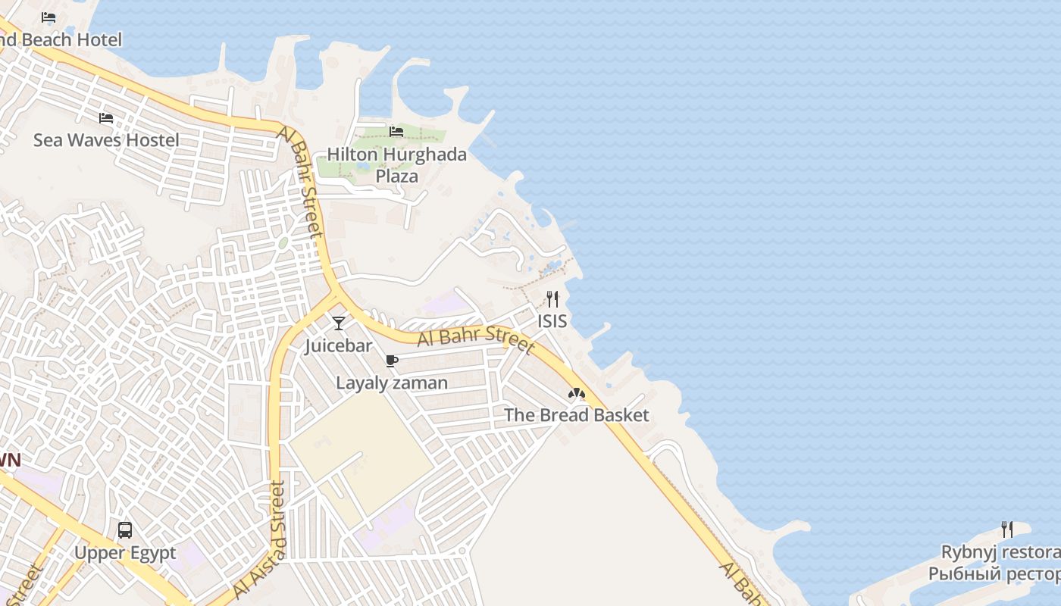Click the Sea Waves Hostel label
tap(106, 140)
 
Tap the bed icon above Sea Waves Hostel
tap(106, 118)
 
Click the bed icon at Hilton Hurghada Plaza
tap(396, 132)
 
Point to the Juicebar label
tap(338, 346)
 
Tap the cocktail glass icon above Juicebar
tap(338, 323)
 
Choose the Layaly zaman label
tap(392, 383)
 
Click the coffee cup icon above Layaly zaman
tap(391, 361)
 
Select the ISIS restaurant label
tap(552, 321)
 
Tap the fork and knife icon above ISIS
tap(552, 299)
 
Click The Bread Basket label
tap(577, 415)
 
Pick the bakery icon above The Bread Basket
tap(576, 393)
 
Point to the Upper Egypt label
tap(125, 553)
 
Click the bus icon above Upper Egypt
tap(125, 530)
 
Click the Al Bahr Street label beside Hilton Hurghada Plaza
tap(300, 182)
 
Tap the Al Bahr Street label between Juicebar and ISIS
tap(476, 338)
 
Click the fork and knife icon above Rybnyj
tap(1006, 529)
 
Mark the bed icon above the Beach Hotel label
tap(49, 17)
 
